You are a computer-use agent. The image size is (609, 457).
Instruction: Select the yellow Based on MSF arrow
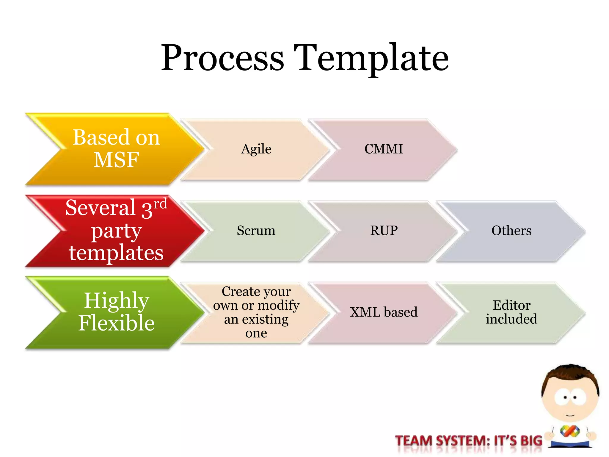tap(116, 149)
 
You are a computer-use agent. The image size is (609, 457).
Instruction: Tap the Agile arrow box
tap(256, 149)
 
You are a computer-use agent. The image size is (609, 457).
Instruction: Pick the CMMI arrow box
tap(384, 149)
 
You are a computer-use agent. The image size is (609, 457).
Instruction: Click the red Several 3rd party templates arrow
tap(116, 231)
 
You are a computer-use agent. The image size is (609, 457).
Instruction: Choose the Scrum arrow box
tap(256, 231)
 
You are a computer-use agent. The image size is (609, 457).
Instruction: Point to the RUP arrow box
tap(384, 231)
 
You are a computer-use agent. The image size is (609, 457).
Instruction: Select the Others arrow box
tap(511, 231)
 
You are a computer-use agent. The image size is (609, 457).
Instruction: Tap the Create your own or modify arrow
tap(256, 312)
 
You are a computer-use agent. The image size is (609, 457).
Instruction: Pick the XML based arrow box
tap(384, 312)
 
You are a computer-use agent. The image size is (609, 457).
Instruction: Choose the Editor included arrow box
tap(511, 312)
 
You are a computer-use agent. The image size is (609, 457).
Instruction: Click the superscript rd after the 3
tap(160, 204)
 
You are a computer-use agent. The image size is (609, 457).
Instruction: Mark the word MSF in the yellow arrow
tap(116, 160)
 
